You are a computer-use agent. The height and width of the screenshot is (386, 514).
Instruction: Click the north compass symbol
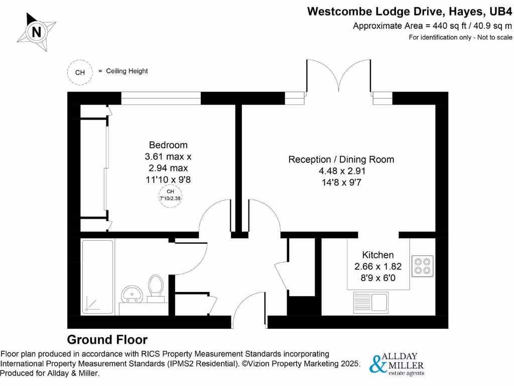pos(36,32)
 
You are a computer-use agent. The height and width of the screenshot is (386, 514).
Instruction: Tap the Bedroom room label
pos(168,145)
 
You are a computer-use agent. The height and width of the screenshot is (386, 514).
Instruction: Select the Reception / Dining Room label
pos(341,159)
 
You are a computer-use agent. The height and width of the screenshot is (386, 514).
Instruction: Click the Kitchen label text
pos(378,255)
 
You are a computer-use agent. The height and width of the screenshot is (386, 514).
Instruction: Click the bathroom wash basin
pos(132,293)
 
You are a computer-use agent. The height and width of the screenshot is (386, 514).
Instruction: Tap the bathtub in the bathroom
pos(98,276)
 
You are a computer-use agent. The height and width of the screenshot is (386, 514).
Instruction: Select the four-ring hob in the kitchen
pos(422,266)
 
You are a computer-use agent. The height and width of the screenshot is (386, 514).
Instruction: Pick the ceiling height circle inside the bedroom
pos(170,195)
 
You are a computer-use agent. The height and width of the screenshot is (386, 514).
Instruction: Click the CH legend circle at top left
pos(80,72)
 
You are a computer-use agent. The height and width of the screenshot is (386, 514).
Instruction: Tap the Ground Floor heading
pos(107,339)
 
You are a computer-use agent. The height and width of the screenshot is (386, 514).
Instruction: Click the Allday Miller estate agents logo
pos(397,364)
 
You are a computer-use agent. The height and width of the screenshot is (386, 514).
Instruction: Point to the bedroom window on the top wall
pos(161,98)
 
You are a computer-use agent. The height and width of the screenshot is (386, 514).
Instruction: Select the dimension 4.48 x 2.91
pos(341,171)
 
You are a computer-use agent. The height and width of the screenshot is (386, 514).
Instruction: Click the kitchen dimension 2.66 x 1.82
pos(378,266)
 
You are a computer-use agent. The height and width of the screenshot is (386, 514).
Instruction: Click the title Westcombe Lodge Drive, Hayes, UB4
pos(409,11)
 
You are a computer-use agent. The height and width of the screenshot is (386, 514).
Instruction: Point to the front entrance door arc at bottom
pos(249,310)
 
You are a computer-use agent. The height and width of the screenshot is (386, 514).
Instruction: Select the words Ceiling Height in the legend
pos(127,71)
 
